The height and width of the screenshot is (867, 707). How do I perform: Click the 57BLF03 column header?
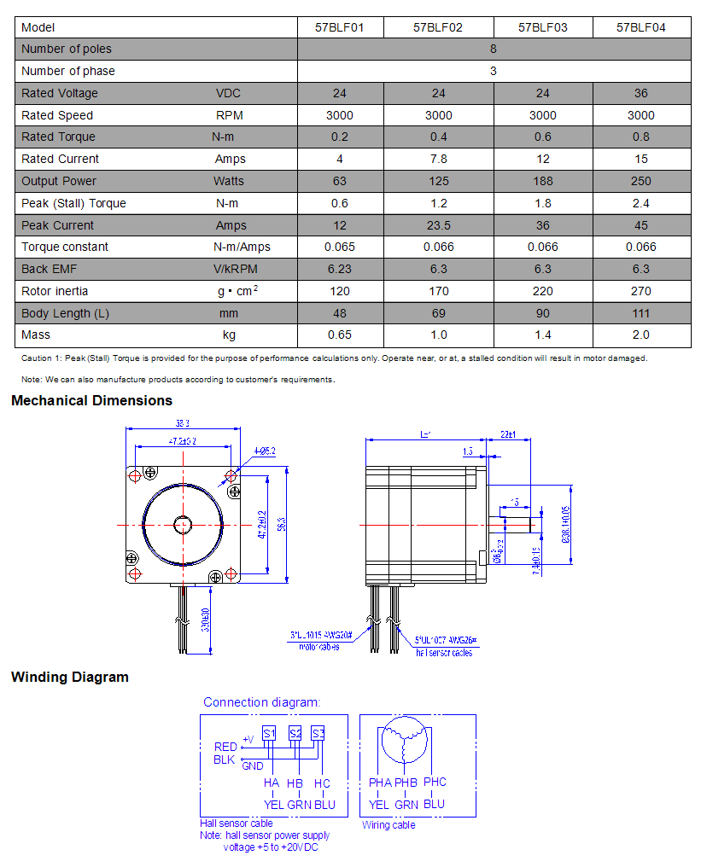click(543, 27)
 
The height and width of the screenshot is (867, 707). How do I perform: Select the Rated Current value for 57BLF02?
click(438, 159)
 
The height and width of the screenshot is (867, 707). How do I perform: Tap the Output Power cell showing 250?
click(640, 181)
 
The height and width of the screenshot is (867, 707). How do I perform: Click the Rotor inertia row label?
click(55, 291)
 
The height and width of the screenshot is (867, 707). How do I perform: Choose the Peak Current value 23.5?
click(438, 225)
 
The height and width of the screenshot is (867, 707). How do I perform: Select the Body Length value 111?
click(640, 313)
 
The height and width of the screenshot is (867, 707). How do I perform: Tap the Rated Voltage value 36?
click(640, 93)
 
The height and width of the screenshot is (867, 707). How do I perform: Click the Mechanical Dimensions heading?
click(91, 401)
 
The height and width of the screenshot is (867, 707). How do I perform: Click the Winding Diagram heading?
click(70, 678)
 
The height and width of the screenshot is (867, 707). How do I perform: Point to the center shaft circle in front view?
click(182, 523)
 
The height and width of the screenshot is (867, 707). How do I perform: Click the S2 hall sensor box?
click(295, 733)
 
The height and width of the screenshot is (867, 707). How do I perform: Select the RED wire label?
click(225, 748)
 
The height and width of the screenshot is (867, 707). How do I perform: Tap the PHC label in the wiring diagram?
click(435, 782)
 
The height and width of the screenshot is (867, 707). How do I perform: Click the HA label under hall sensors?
click(272, 783)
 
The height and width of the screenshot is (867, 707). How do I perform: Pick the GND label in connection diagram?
click(253, 765)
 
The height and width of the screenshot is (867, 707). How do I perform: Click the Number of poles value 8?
click(494, 49)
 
